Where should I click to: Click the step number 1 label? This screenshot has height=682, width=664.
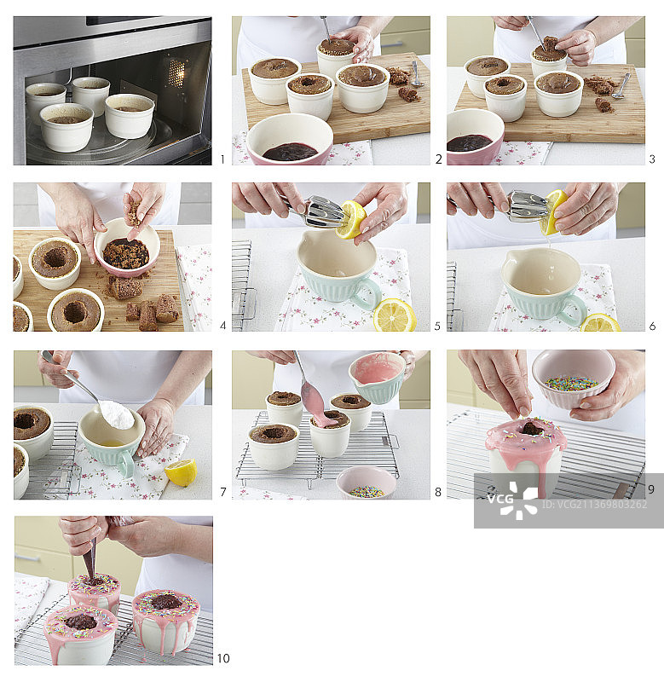[222, 159]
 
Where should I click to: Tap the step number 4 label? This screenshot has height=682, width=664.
[222, 326]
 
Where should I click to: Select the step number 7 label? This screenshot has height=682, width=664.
[223, 492]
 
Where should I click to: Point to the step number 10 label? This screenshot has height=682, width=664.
[223, 658]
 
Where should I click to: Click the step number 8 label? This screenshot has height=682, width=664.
[438, 492]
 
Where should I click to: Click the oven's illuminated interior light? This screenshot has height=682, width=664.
[176, 72]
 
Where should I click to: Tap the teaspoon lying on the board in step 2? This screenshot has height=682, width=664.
[416, 74]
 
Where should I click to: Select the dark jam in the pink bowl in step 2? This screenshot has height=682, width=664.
[290, 152]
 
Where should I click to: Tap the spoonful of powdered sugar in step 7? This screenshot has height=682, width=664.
[117, 414]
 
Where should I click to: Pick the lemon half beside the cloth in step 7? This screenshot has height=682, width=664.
[181, 473]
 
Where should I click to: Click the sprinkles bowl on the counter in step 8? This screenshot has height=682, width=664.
[367, 483]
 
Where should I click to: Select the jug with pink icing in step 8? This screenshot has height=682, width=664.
[377, 377]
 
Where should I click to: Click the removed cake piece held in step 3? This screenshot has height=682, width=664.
[550, 44]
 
